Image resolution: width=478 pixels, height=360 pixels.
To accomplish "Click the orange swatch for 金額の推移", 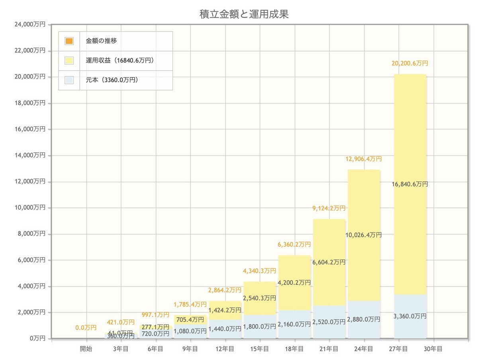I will tap(69, 41).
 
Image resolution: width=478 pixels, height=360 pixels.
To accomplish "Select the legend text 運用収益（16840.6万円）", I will tap(120, 61).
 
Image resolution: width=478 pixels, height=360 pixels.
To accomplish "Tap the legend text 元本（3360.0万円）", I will tap(112, 80).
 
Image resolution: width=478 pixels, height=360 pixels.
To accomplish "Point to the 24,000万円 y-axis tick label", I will tap(30, 25).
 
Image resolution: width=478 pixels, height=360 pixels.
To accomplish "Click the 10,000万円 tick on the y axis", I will tap(30, 208).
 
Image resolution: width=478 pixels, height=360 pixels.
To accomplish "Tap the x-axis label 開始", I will tap(86, 349).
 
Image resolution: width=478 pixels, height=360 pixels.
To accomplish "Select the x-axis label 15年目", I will tap(260, 349).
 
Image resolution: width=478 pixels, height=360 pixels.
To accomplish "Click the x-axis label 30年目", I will tap(434, 349).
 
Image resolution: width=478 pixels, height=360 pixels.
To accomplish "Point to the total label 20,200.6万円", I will tap(410, 63).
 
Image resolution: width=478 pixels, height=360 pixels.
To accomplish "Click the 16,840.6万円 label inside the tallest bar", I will tap(410, 184).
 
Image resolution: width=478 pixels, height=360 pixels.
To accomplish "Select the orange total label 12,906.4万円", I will tap(364, 159).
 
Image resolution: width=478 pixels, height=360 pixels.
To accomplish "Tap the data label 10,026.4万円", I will tap(364, 235).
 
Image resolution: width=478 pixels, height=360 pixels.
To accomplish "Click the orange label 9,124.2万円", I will tap(329, 208).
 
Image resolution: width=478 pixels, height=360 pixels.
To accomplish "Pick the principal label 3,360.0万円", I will tap(410, 316).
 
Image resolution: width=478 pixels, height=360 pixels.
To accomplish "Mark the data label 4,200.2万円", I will tap(294, 282).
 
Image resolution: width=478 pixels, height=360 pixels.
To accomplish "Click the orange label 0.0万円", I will tap(86, 328).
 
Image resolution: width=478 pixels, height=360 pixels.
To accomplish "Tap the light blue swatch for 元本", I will tap(69, 80).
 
